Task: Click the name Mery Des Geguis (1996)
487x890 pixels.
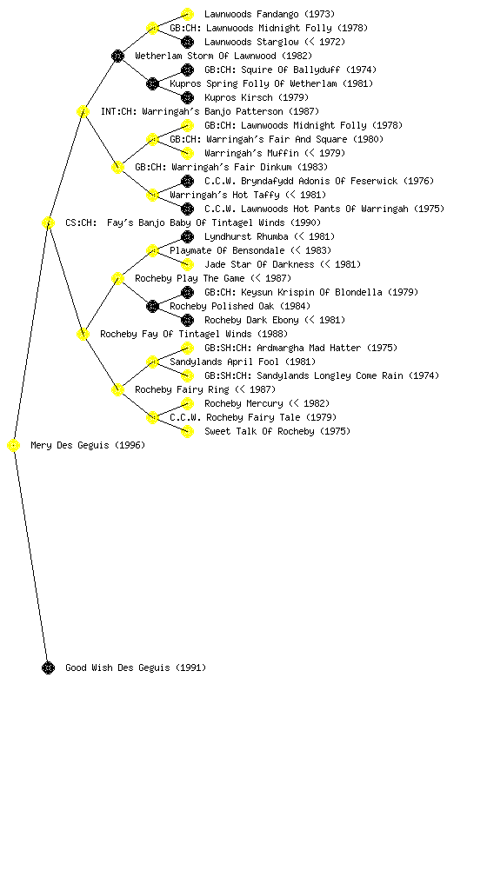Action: point(88,446)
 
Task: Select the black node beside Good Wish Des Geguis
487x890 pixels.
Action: point(48,667)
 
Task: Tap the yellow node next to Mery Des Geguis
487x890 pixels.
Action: point(14,446)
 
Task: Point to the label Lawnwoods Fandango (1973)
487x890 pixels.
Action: point(270,14)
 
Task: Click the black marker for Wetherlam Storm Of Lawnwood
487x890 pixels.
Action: point(117,56)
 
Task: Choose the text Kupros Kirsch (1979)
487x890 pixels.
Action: point(257,97)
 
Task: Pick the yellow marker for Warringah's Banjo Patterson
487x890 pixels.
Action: point(83,111)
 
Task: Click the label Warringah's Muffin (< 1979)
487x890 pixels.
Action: point(275,153)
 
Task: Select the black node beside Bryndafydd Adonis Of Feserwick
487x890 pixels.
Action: point(187,181)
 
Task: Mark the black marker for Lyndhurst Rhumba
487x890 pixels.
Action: point(187,236)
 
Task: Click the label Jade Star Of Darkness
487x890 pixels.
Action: point(259,264)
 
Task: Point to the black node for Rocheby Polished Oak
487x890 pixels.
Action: point(152,307)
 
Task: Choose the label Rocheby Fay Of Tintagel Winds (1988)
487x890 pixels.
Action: point(194,335)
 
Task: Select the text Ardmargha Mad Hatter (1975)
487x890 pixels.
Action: point(327,348)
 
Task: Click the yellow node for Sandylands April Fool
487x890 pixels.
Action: point(152,362)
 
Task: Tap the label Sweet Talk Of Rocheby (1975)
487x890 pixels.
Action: point(277,431)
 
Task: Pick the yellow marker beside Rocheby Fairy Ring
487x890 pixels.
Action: point(117,390)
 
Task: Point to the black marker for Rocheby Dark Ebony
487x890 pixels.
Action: point(187,320)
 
